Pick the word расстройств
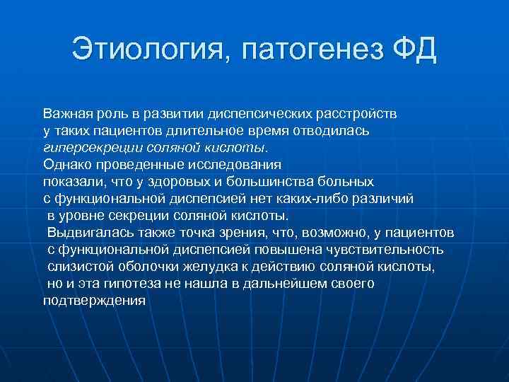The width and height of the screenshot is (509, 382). [x=358, y=113]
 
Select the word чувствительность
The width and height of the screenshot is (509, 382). [x=392, y=249]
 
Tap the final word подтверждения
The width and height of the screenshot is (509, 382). [x=93, y=300]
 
